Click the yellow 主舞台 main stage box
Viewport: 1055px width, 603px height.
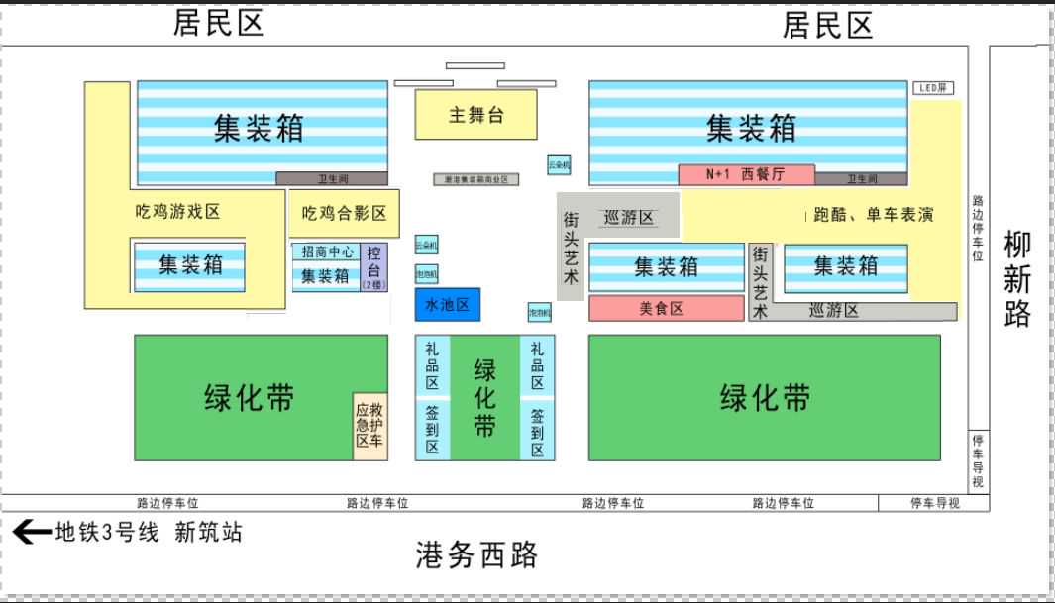pyautogui.click(x=475, y=115)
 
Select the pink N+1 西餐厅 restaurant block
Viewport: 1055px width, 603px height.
pyautogui.click(x=746, y=174)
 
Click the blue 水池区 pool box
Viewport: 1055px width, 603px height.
pyautogui.click(x=447, y=305)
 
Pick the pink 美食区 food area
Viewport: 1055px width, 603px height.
pyautogui.click(x=666, y=308)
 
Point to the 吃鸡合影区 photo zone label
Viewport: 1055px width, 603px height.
pyautogui.click(x=344, y=213)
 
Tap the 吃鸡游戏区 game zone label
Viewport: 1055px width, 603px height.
pyautogui.click(x=177, y=211)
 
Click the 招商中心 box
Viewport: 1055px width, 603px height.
pyautogui.click(x=328, y=252)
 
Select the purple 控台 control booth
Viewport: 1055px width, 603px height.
pyautogui.click(x=374, y=266)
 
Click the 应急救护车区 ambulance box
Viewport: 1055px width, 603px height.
pyautogui.click(x=370, y=425)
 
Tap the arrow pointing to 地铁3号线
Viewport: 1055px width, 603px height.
pyautogui.click(x=31, y=533)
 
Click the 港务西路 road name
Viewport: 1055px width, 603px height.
pyautogui.click(x=476, y=555)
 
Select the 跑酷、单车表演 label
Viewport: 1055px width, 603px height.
pyautogui.click(x=872, y=215)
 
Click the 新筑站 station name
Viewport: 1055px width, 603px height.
pyautogui.click(x=208, y=533)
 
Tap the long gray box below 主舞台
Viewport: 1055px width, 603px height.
pyautogui.click(x=475, y=179)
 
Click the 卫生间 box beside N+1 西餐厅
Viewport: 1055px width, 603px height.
pyautogui.click(x=861, y=179)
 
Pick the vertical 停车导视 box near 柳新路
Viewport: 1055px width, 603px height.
pyautogui.click(x=978, y=460)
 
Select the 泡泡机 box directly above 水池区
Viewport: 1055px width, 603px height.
pyautogui.click(x=426, y=273)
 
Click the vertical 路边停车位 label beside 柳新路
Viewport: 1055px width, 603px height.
pyautogui.click(x=978, y=229)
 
